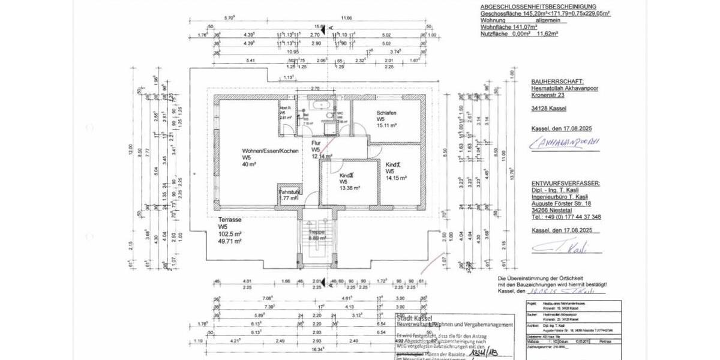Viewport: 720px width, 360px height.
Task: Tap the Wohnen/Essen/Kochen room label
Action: tap(270, 151)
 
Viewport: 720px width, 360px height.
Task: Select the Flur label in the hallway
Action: tap(316, 143)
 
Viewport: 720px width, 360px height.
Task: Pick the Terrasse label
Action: tap(231, 220)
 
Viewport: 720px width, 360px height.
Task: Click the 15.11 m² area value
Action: tap(388, 126)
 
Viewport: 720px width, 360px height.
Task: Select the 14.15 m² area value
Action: tap(397, 178)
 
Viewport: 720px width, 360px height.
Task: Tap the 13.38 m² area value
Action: tap(349, 188)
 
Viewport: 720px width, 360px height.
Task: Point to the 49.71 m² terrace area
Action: tap(230, 241)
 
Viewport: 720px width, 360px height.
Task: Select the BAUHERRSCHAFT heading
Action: tap(557, 80)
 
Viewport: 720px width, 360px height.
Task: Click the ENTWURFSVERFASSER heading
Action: tap(565, 183)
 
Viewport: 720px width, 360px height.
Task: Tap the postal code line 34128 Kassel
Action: tap(549, 109)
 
